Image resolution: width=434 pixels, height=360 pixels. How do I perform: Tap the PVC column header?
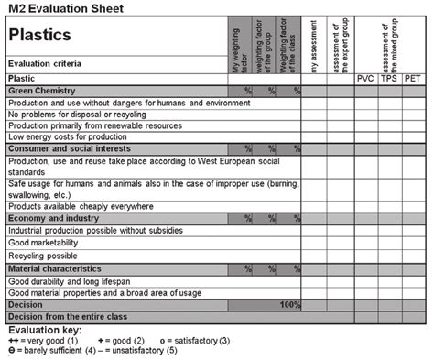365,80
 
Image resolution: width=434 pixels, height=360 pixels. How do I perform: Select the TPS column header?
389,80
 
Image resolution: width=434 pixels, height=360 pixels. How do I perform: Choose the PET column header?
412,80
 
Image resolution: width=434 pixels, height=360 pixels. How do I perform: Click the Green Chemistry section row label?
40,92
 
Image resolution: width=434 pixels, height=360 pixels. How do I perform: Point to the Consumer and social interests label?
69,147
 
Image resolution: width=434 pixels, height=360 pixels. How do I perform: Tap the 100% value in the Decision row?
289,303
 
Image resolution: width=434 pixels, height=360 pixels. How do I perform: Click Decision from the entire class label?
66,315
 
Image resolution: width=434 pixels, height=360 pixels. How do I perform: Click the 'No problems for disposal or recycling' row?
82,114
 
